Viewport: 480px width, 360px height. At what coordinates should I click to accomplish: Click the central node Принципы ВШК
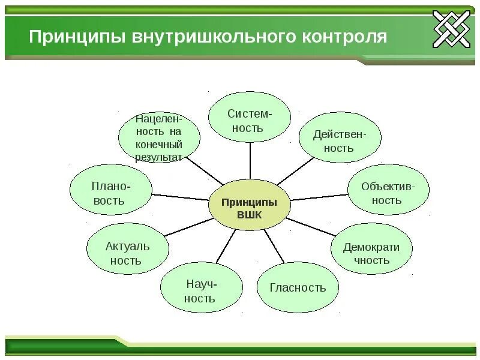pos(250,208)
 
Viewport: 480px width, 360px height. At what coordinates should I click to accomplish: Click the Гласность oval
pos(298,287)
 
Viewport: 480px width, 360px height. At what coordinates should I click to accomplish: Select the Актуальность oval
pos(127,253)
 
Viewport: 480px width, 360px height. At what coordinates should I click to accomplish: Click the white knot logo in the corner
pos(451,29)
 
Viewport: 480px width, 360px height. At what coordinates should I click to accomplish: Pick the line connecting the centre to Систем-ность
pos(250,162)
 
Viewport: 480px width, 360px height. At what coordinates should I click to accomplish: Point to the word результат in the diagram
pos(158,157)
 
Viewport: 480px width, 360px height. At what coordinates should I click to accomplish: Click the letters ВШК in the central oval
pos(250,215)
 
